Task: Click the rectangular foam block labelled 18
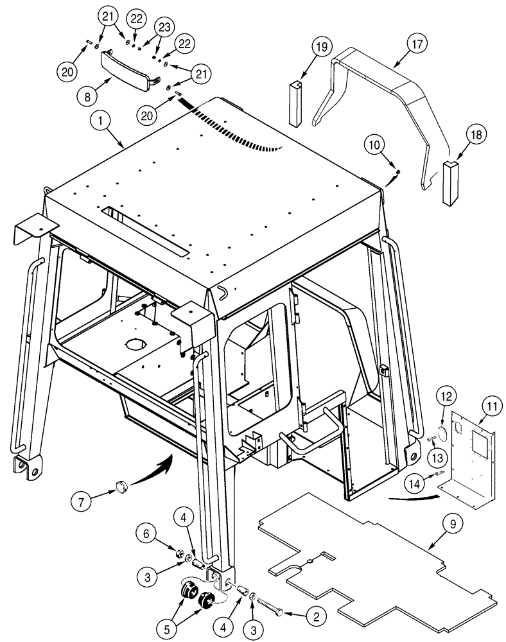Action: [449, 183]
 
